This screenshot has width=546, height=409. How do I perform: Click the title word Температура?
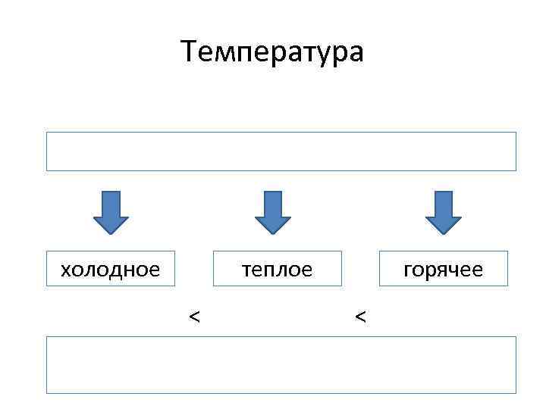(x=273, y=52)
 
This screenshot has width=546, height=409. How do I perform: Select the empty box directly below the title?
(x=281, y=151)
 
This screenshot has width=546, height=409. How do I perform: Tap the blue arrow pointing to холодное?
(x=111, y=213)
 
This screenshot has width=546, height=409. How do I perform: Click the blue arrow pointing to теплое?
(x=272, y=213)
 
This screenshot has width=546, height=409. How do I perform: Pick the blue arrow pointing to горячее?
(x=444, y=213)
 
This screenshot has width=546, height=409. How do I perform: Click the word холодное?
(x=111, y=270)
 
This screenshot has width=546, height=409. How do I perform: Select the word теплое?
(x=276, y=270)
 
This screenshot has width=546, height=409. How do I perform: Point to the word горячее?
(x=444, y=270)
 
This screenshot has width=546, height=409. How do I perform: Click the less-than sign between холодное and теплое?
(x=195, y=316)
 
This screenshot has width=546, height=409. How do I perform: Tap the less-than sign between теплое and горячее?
(x=360, y=316)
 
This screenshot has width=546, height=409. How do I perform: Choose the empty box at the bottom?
(x=281, y=364)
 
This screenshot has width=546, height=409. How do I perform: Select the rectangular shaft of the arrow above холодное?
(x=111, y=203)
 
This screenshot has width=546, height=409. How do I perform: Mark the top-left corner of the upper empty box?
(x=47, y=133)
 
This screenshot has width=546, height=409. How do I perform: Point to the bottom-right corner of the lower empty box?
(x=516, y=392)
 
